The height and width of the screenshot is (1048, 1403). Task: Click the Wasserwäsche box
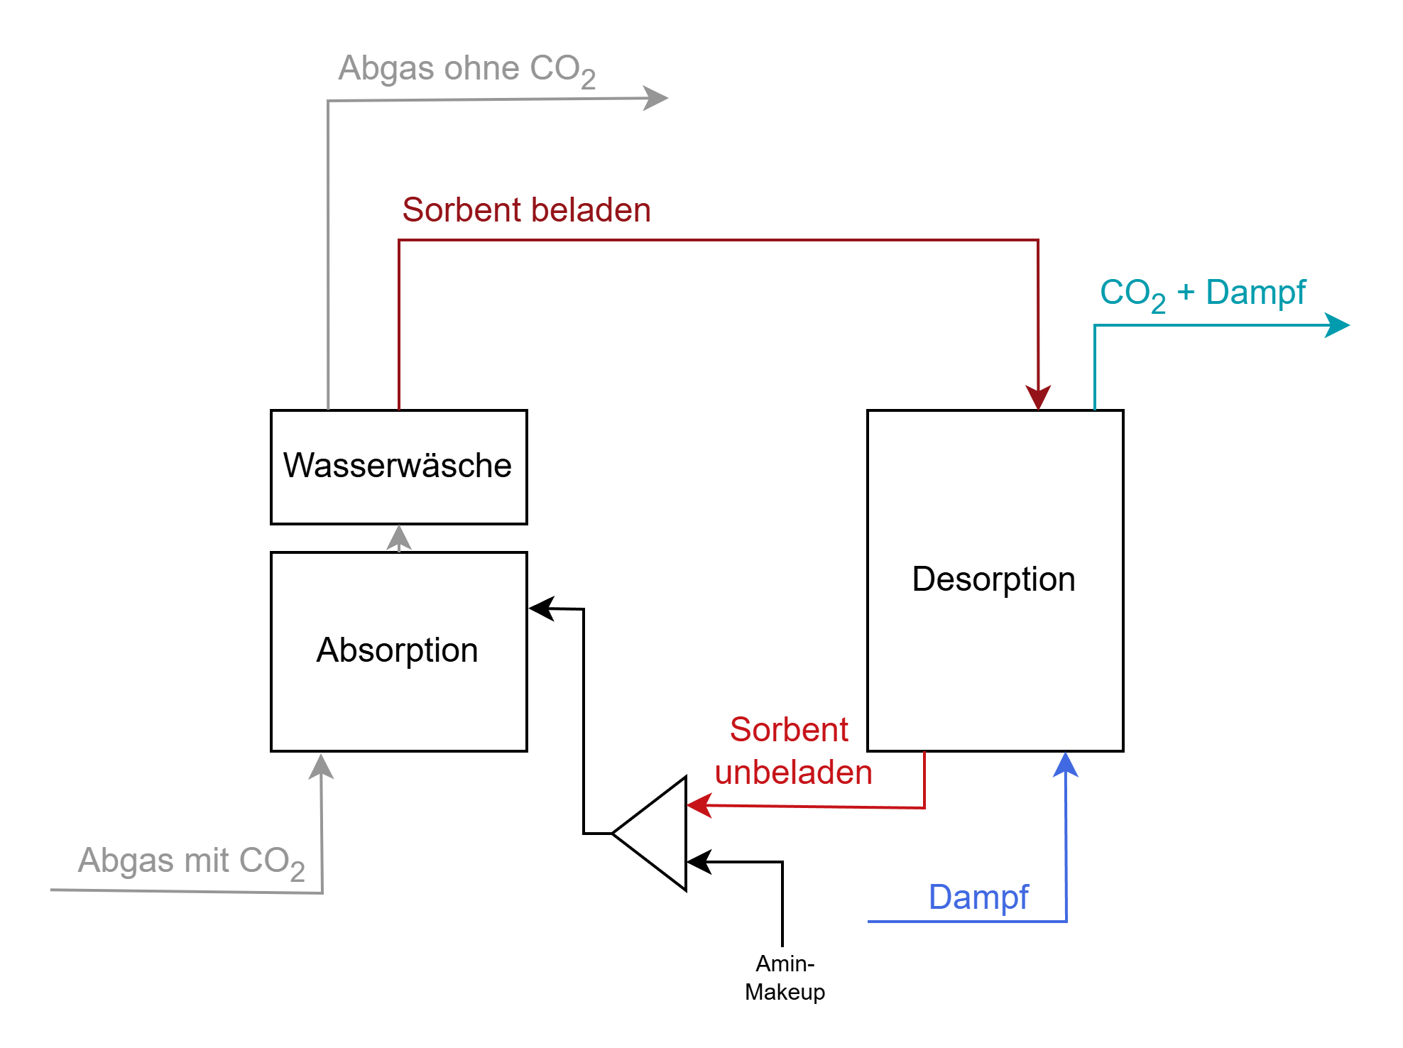click(398, 466)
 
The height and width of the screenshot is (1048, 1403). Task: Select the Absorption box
click(398, 651)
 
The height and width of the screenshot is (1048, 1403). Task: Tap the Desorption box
click(995, 580)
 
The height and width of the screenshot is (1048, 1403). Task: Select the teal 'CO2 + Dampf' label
click(1203, 293)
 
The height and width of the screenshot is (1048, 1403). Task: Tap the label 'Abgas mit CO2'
click(191, 861)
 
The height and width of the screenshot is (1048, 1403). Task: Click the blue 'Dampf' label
click(978, 897)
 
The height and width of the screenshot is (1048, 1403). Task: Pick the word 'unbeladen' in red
click(793, 773)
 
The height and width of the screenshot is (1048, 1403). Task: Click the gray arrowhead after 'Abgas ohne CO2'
click(655, 98)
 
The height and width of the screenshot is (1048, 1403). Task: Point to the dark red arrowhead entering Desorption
click(1039, 396)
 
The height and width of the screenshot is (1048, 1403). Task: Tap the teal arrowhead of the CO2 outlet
click(1336, 325)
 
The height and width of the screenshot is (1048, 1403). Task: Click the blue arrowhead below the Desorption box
click(1066, 765)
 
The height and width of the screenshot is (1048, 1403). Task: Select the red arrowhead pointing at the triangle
click(700, 805)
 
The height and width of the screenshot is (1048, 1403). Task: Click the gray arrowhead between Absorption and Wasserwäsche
click(399, 537)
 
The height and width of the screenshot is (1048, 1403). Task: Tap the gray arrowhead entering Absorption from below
click(322, 767)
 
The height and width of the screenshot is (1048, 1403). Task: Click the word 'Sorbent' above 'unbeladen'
click(789, 730)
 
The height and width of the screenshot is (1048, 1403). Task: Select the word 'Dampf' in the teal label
click(1256, 293)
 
